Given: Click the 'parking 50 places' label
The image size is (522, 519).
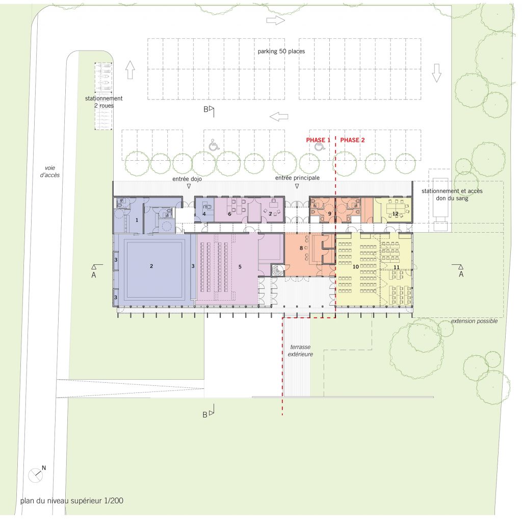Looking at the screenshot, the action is pos(281,52).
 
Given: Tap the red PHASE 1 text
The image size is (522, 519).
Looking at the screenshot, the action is pos(318,140).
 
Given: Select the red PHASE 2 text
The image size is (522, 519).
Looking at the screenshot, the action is pos(352,140).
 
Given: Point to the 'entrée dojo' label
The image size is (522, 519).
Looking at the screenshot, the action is pos(187,179).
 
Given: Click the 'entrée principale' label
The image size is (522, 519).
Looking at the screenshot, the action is pos(297,178).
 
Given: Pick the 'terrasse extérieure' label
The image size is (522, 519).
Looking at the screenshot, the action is pos(300,351).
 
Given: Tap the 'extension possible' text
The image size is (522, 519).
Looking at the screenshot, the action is pos(474,321).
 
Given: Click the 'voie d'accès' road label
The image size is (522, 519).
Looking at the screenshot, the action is pos(50,171).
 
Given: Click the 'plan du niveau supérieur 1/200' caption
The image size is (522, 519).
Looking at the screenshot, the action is pos(72,501).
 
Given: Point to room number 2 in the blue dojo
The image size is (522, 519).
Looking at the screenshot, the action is pos(151,266).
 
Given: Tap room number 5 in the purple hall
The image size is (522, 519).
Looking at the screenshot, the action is pos(240,267).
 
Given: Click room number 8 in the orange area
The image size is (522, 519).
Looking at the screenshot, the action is pos(301,248).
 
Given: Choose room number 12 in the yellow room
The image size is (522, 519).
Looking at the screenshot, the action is pos(395,214).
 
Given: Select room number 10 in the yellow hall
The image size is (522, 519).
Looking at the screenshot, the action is pos(355,267).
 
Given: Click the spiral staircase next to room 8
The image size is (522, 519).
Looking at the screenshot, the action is pos(278,270).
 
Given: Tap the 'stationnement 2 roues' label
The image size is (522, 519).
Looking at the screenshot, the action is pos(104,102).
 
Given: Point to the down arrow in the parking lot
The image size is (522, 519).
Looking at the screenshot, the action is pos(436,73).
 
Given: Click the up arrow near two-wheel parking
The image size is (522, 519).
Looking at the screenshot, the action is pos(130,70).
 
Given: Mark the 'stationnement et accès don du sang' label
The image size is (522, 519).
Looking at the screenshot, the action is pos(452,194).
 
